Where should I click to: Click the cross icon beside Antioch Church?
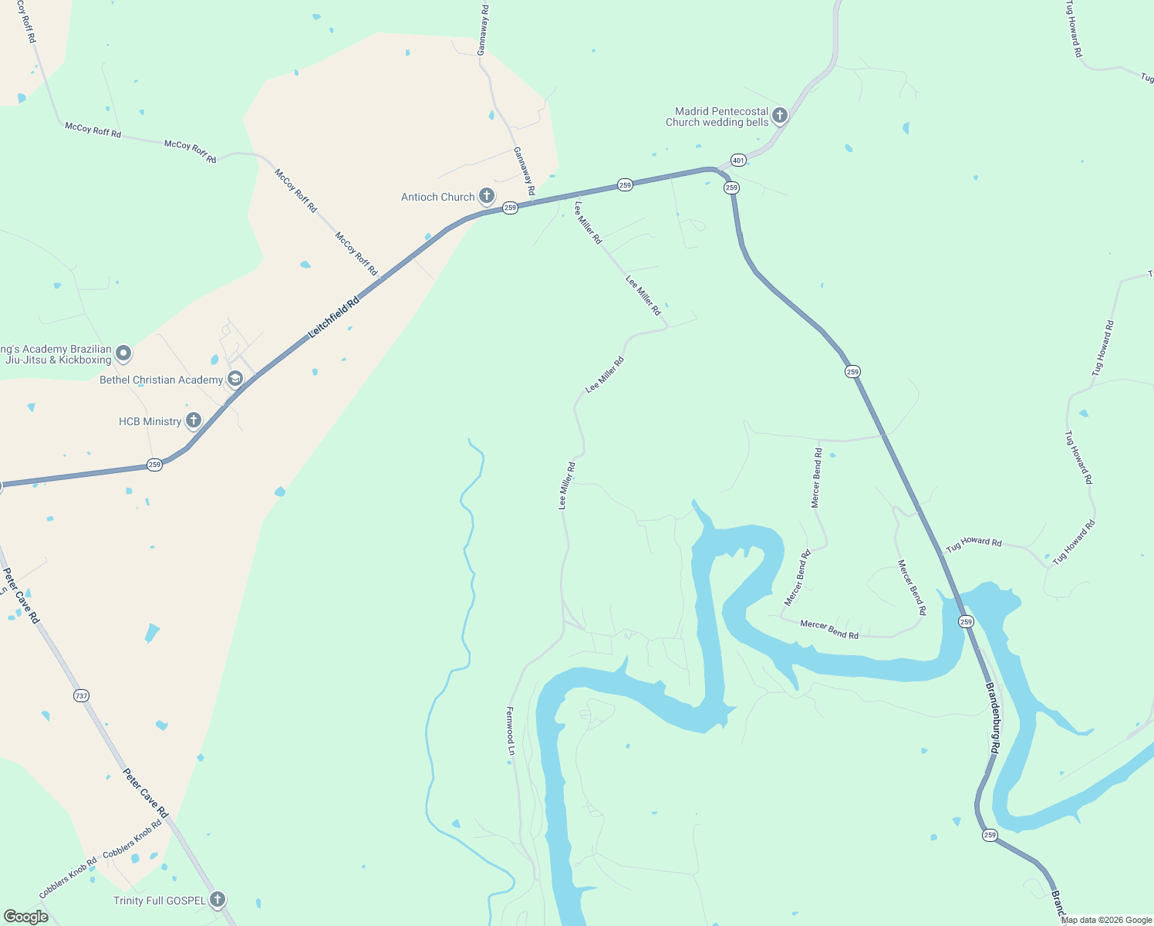[x=487, y=196]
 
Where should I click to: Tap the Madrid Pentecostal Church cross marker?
[x=780, y=116]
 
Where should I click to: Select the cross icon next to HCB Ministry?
[x=194, y=421]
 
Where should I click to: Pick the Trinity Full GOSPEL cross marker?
[x=218, y=900]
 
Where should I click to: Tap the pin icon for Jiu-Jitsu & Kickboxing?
[x=123, y=354]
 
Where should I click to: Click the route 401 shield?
[x=739, y=161]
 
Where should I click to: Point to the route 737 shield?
[x=82, y=696]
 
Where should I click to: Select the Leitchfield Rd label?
[x=334, y=318]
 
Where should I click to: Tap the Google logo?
[x=25, y=917]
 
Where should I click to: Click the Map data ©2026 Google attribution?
[x=1106, y=920]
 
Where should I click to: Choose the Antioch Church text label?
[x=437, y=197]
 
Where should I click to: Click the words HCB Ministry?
[x=150, y=421]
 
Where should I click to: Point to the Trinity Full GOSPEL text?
[x=160, y=901]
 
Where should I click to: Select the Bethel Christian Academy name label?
[x=161, y=380]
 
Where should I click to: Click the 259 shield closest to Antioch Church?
[x=510, y=208]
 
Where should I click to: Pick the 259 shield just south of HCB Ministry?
[x=155, y=465]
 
